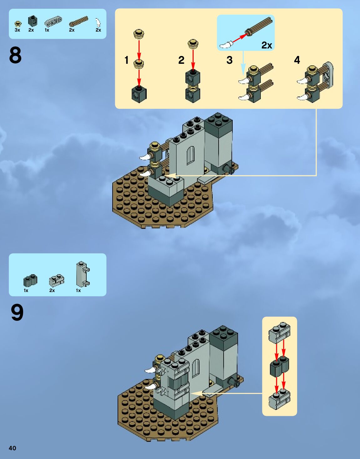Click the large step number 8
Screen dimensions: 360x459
tap(15, 55)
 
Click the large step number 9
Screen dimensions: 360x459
tap(17, 312)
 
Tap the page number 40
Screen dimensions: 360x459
tap(12, 448)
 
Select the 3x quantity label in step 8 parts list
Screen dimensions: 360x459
tap(17, 30)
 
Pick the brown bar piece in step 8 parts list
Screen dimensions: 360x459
tap(79, 21)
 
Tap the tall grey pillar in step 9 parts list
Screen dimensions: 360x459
tap(82, 274)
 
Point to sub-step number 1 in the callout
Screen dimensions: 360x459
tap(126, 60)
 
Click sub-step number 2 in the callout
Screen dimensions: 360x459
tap(181, 60)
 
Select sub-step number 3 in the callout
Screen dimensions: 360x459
tap(230, 60)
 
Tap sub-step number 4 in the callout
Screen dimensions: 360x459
tap(297, 60)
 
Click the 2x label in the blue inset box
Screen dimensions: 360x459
tap(267, 45)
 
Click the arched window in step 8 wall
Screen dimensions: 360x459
tap(190, 155)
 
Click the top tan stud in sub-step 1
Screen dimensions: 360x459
tap(139, 33)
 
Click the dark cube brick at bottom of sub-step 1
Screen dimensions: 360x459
tap(139, 94)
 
